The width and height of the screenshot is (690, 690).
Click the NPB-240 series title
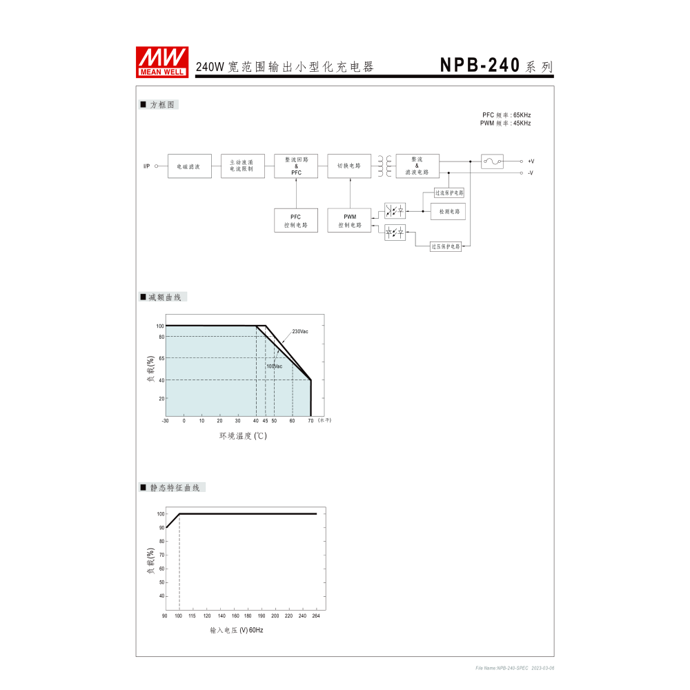coord(496,66)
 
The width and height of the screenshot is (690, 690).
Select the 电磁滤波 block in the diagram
coord(189,166)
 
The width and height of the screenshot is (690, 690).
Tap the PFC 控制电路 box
coord(296,221)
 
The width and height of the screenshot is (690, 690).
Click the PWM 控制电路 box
coord(349,221)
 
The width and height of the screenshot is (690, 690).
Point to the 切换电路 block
coord(349,166)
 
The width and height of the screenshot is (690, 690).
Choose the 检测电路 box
coord(448,212)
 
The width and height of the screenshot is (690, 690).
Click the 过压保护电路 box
coord(446,246)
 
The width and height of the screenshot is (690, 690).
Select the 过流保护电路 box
coord(449,193)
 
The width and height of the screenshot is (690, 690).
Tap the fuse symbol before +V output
coord(492,161)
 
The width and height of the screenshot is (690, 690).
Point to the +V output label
coord(531,161)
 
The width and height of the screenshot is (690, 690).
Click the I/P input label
coord(146,166)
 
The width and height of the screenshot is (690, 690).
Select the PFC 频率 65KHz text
coord(506,115)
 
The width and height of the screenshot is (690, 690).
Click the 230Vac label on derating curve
coord(299,332)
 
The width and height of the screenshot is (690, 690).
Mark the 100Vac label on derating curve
coord(274,366)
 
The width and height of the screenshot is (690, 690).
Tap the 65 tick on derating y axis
coord(160,358)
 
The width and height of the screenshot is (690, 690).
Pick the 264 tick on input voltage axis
coord(317,615)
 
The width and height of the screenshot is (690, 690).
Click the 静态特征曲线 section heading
coord(174,487)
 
